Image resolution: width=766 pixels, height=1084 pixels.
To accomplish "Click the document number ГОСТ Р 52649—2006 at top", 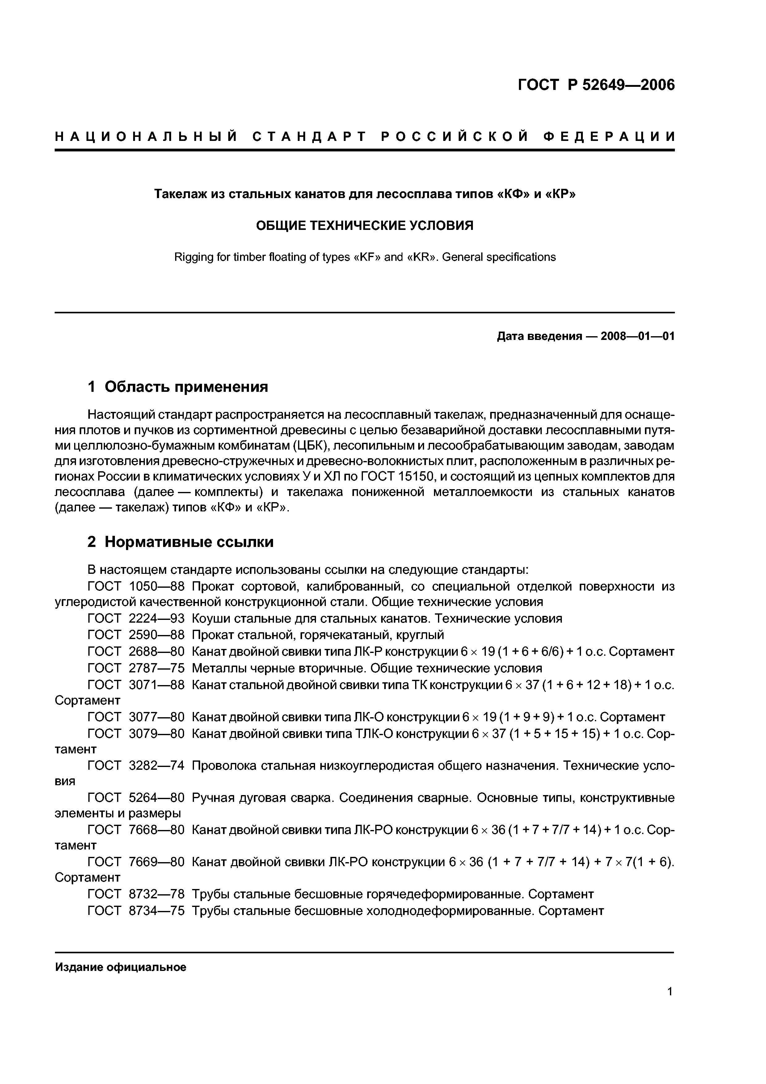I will tap(596, 85).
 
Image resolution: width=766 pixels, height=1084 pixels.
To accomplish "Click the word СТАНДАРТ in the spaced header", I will tap(309, 137).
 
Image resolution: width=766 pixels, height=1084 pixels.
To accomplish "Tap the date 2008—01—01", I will tap(637, 336).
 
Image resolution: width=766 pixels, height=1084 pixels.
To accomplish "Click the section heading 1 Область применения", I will tap(178, 387).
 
